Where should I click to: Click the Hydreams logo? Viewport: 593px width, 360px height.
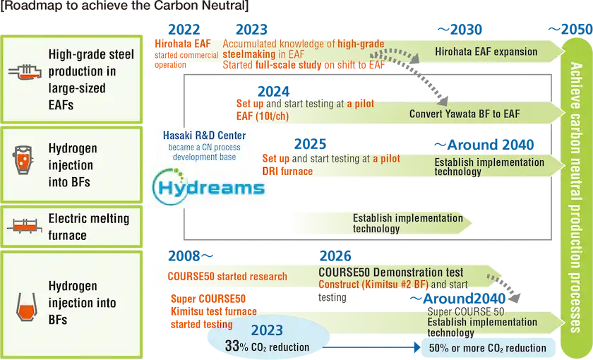click(x=208, y=187)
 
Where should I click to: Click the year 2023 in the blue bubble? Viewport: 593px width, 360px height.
click(x=267, y=330)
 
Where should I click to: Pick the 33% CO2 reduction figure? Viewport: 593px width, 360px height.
click(x=267, y=347)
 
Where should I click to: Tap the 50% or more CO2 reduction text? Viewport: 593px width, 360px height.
click(x=486, y=347)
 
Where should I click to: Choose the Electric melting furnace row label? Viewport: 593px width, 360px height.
click(x=88, y=227)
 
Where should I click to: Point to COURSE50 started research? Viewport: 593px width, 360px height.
click(x=227, y=276)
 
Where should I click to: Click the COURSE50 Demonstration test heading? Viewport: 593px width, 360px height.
click(x=390, y=272)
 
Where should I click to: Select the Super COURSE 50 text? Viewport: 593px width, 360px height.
click(x=466, y=311)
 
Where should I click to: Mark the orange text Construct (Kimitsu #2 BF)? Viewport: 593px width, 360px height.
click(x=373, y=285)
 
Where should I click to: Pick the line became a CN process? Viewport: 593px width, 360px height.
click(x=204, y=147)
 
